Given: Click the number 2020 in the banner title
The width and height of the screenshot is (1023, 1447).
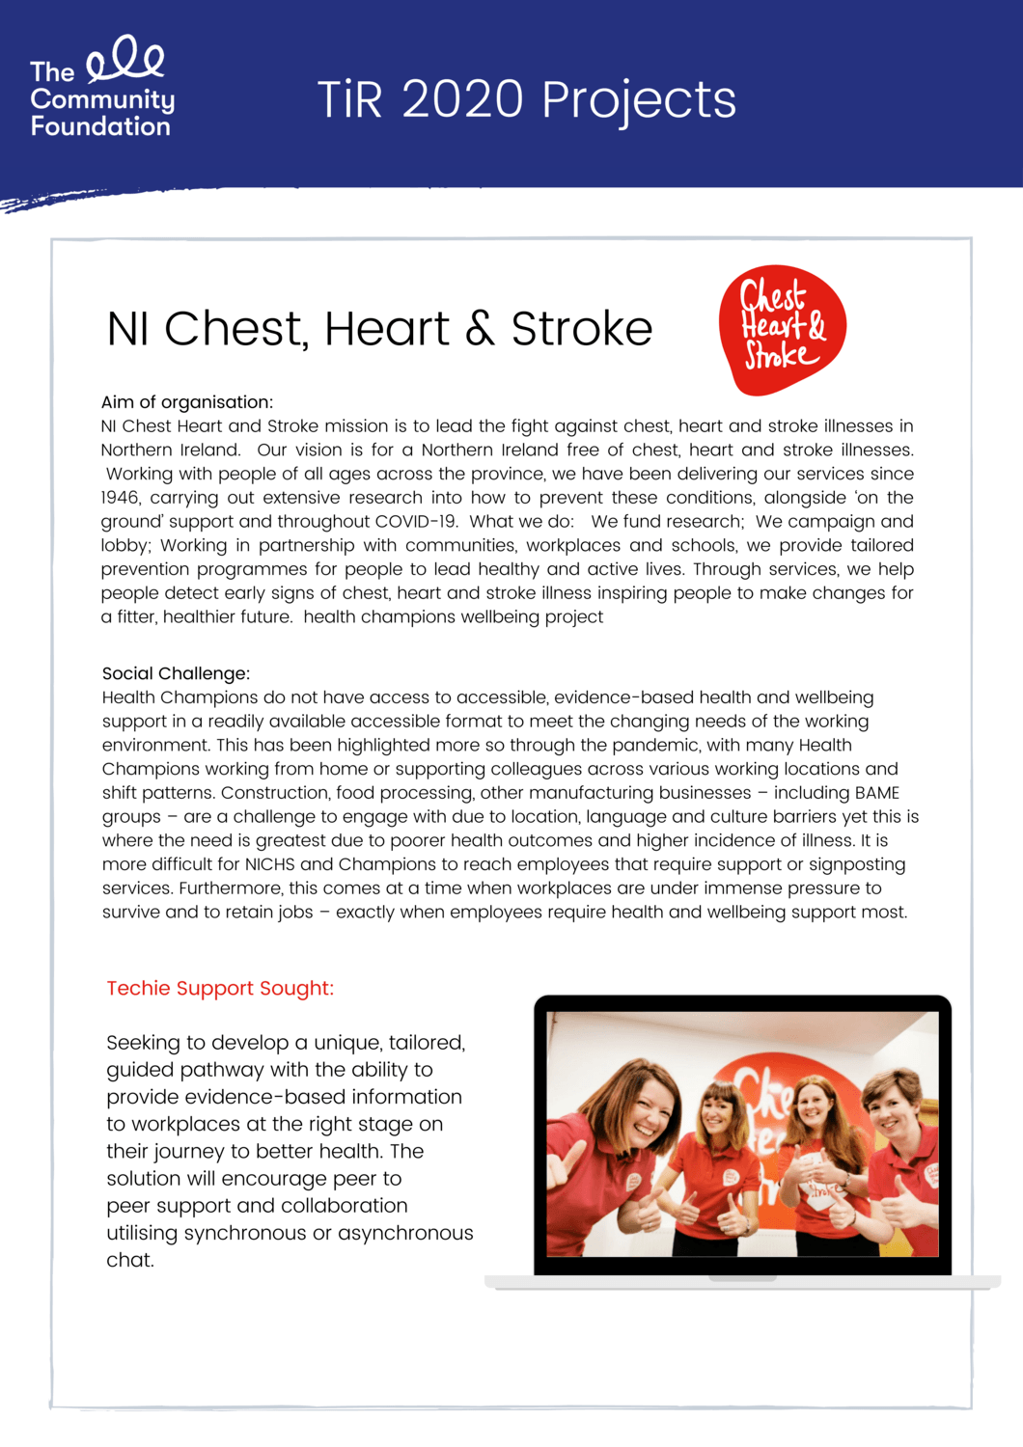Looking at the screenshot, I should pyautogui.click(x=462, y=99).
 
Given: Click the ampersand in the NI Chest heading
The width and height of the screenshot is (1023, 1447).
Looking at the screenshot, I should pyautogui.click(x=480, y=329).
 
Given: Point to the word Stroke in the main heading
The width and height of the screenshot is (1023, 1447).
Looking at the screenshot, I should pyautogui.click(x=581, y=329).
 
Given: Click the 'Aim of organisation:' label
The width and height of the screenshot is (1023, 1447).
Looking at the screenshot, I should pyautogui.click(x=187, y=402).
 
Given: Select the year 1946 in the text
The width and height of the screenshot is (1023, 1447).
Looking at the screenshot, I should pyautogui.click(x=120, y=498).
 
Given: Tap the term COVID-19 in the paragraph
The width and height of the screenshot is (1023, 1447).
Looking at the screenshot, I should pyautogui.click(x=415, y=522).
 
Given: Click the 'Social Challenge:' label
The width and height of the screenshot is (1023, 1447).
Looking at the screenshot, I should pyautogui.click(x=176, y=673).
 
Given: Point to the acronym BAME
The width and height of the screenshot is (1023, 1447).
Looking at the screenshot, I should pyautogui.click(x=876, y=793).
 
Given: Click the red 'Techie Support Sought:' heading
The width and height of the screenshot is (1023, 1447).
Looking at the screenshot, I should pyautogui.click(x=220, y=988).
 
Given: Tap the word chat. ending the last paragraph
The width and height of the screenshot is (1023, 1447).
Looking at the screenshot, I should pyautogui.click(x=130, y=1260).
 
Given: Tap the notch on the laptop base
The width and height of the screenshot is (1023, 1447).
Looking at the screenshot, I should pyautogui.click(x=742, y=1278).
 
